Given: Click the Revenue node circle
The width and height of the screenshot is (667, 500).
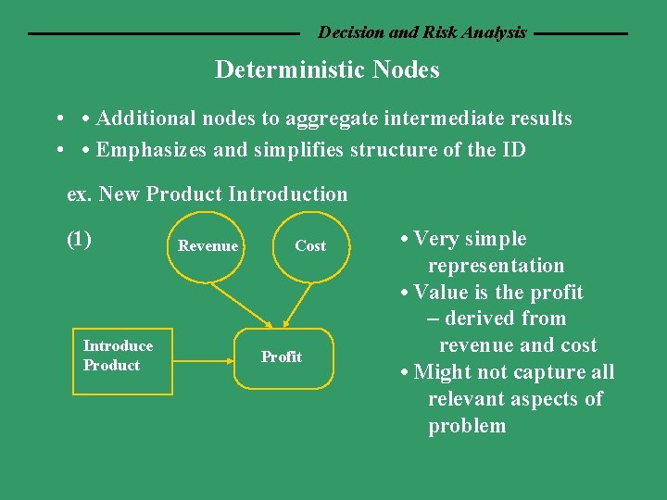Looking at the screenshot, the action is point(208,246).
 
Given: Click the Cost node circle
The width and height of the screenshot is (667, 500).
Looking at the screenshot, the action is point(309,246).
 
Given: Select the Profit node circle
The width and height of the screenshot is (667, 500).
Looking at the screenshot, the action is point(282,357).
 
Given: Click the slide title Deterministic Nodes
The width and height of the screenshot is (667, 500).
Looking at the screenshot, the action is point(327,69).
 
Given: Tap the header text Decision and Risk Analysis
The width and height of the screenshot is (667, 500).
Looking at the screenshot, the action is point(422,32).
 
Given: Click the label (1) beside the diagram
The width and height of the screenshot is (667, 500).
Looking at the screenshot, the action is point(80,239).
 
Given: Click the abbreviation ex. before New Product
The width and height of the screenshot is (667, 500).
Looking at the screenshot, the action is point(80,194).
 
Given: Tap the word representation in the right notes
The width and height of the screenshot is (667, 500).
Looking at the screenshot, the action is point(496,266).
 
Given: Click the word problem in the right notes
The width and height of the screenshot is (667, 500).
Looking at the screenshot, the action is point(467,426).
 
